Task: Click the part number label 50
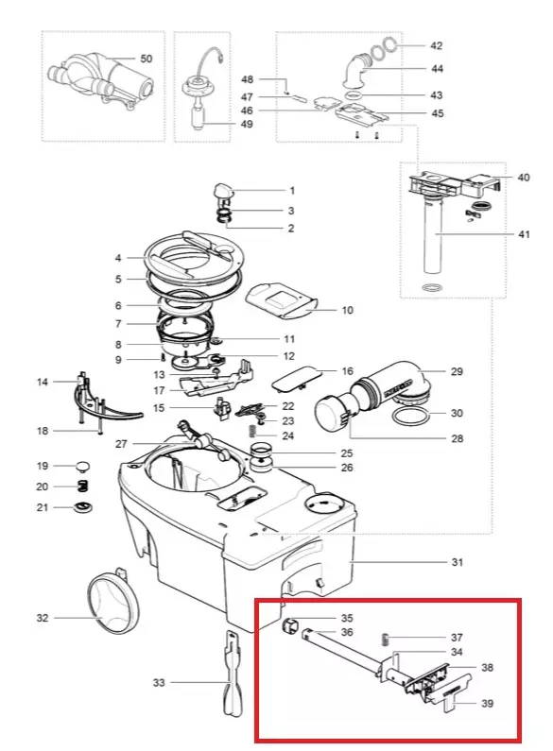click(x=146, y=59)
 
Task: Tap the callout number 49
click(x=247, y=124)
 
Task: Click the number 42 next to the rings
click(x=436, y=45)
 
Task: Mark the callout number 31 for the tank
click(x=458, y=562)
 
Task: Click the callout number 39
click(x=487, y=703)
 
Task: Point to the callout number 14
click(x=43, y=382)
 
